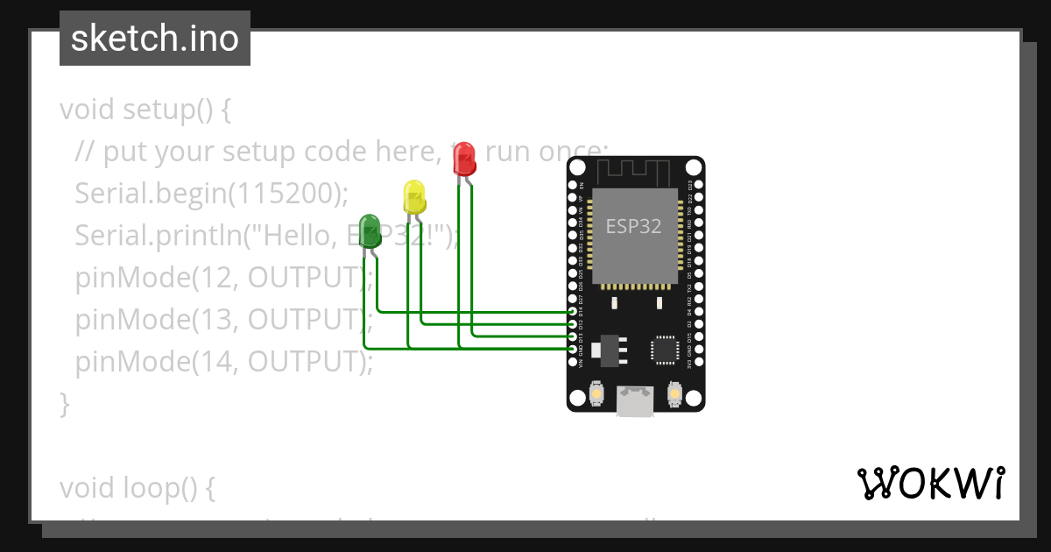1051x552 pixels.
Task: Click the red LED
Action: coord(465,159)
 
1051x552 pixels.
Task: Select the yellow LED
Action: coord(413,196)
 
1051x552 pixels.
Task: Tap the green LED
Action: coord(370,230)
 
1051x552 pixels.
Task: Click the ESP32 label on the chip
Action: coord(634,226)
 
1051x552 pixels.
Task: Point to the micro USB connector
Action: coord(635,402)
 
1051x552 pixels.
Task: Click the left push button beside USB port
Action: coord(596,394)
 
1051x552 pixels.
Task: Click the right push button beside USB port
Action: coord(674,394)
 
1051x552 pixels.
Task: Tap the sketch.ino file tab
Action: coord(155,39)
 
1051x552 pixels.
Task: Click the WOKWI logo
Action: coord(930,484)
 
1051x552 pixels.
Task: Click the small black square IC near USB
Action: coord(664,349)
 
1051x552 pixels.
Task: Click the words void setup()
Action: coord(145,110)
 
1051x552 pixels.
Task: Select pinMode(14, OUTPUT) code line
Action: coord(224,361)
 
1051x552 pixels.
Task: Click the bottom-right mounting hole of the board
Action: coord(694,399)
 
